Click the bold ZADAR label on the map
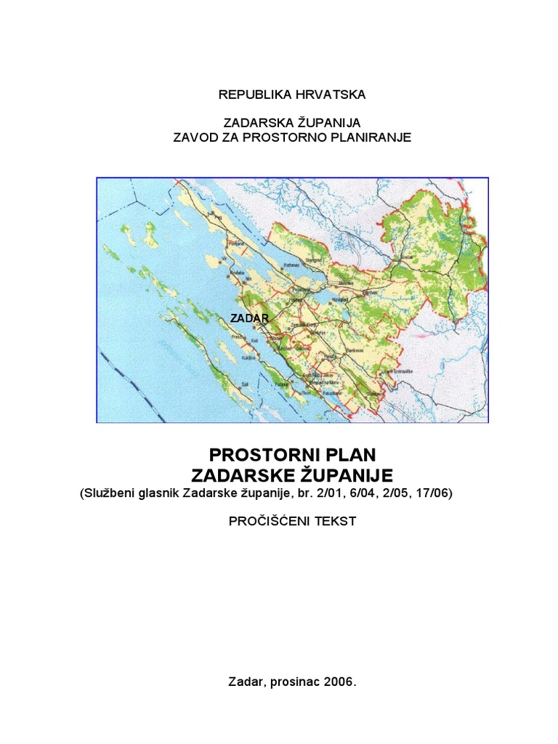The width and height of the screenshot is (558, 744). [250, 318]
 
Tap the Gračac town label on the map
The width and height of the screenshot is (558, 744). [407, 256]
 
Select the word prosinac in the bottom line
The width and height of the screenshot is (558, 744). [296, 682]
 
